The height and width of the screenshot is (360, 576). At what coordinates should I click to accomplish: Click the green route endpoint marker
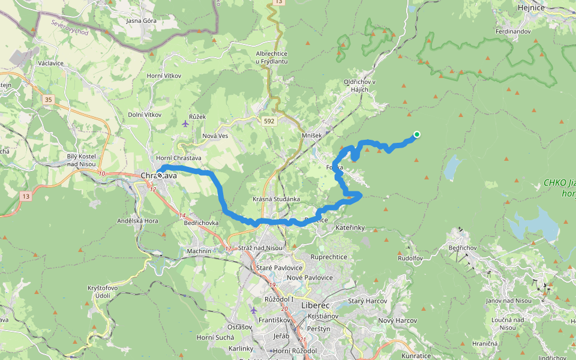point(416,134)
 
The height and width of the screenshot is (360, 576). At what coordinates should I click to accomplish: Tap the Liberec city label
point(312,305)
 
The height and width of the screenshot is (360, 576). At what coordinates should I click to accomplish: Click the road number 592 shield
point(269,121)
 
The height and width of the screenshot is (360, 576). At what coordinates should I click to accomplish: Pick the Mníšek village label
point(311,136)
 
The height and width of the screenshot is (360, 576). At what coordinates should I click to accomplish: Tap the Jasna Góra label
point(140,20)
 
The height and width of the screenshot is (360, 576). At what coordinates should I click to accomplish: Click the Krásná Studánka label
point(277,199)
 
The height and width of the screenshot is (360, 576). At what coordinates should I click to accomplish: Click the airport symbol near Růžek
point(184,124)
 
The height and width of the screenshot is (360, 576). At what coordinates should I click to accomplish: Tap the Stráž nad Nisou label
point(261,248)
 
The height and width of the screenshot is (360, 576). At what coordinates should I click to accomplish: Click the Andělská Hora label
point(137,221)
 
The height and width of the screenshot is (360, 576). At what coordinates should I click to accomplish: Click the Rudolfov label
point(410,258)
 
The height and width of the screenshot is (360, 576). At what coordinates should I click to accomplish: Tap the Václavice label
point(51,62)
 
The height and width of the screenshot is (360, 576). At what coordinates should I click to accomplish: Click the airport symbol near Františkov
point(254,310)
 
